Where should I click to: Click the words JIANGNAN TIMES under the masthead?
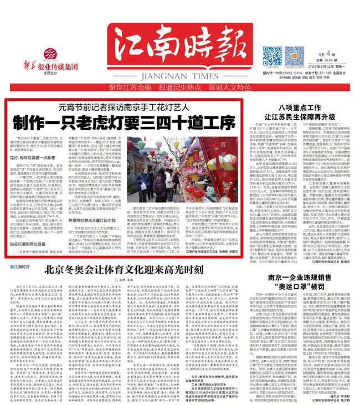point(177,75)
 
